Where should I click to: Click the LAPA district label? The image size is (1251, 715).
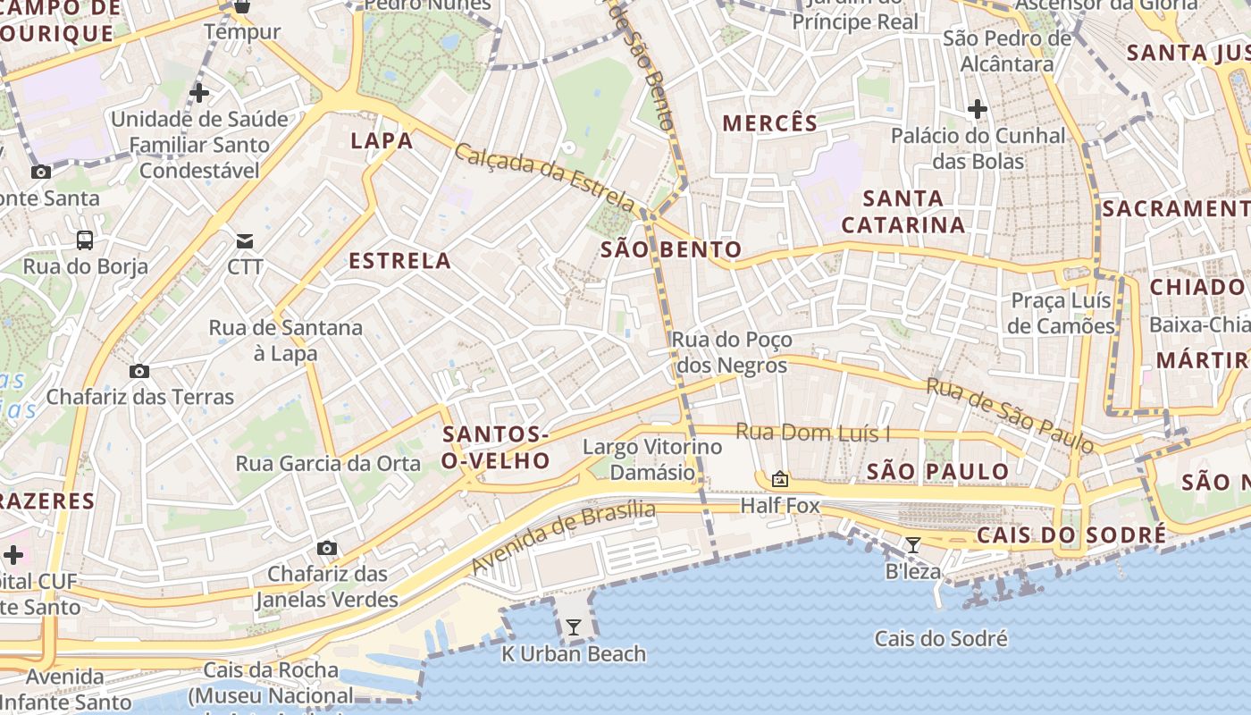pyautogui.click(x=382, y=140)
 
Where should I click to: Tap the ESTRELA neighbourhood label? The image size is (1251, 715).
pyautogui.click(x=399, y=261)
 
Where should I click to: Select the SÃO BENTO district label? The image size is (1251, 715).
pyautogui.click(x=671, y=249)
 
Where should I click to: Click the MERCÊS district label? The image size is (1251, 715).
pyautogui.click(x=769, y=123)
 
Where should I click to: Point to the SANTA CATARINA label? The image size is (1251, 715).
pyautogui.click(x=903, y=212)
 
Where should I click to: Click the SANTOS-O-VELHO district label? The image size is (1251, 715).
pyautogui.click(x=495, y=448)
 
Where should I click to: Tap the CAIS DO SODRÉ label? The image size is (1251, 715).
pyautogui.click(x=1070, y=535)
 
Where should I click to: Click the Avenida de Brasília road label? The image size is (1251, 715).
pyautogui.click(x=563, y=537)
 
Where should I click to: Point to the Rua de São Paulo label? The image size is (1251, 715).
pyautogui.click(x=1010, y=416)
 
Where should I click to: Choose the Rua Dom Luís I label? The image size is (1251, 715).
pyautogui.click(x=812, y=433)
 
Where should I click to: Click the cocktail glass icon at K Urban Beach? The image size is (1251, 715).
pyautogui.click(x=574, y=627)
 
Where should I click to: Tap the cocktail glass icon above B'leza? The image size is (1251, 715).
pyautogui.click(x=912, y=545)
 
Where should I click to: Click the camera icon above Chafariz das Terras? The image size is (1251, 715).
pyautogui.click(x=139, y=371)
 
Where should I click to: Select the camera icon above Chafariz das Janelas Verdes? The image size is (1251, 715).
pyautogui.click(x=327, y=548)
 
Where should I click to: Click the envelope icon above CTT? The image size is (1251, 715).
pyautogui.click(x=245, y=240)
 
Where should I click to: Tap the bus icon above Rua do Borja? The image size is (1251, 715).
pyautogui.click(x=85, y=240)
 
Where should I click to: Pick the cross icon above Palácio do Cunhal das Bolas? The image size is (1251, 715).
pyautogui.click(x=977, y=110)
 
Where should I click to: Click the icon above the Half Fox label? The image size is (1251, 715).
pyautogui.click(x=780, y=480)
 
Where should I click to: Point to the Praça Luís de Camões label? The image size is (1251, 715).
pyautogui.click(x=1062, y=313)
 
